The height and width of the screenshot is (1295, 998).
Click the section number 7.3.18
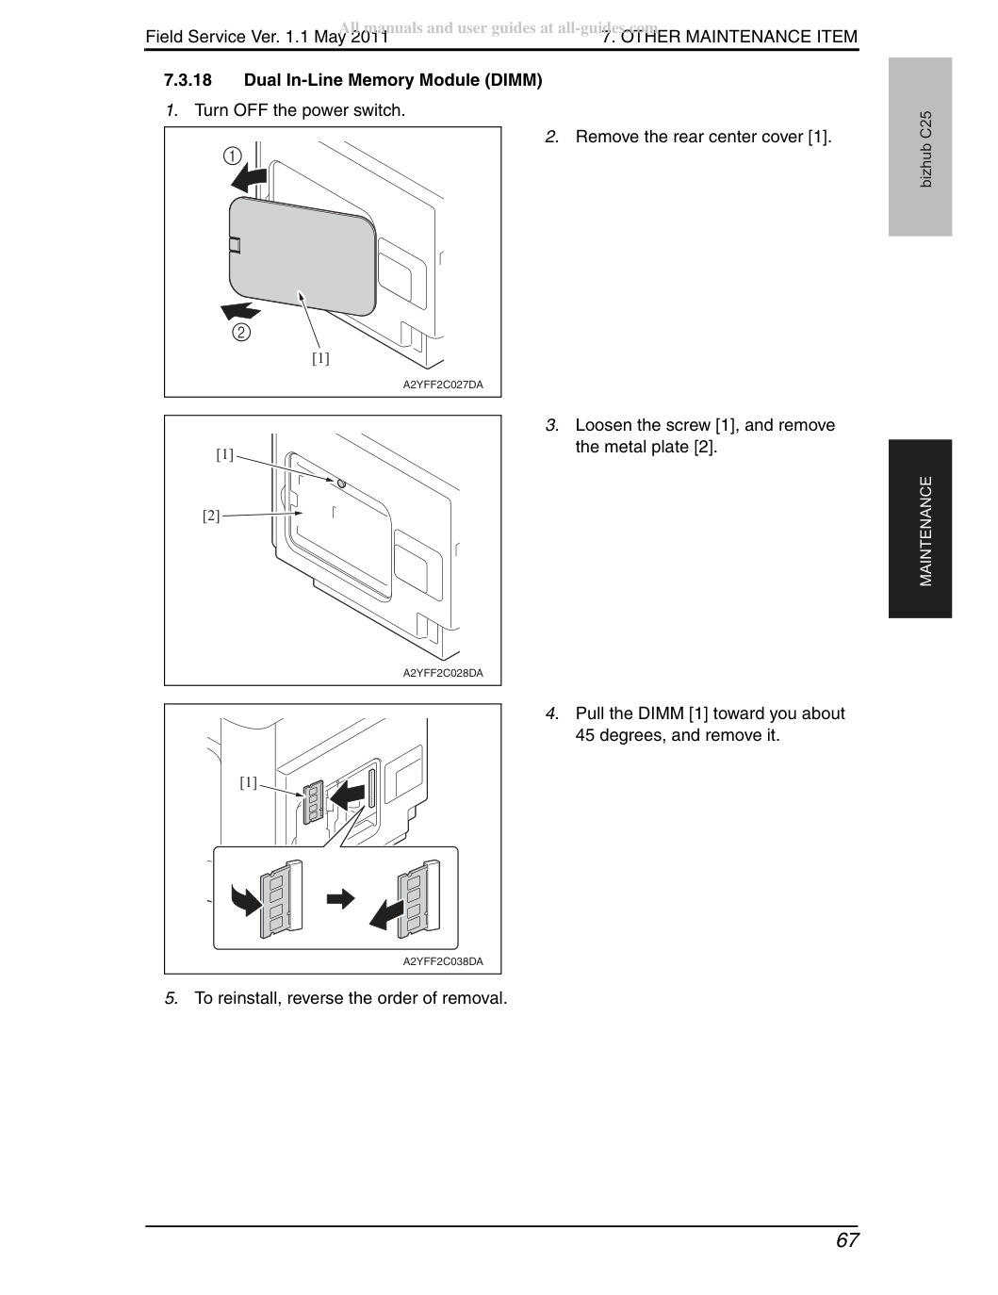point(188,80)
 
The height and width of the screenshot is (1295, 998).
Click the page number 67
point(847,1240)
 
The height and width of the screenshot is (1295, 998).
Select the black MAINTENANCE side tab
point(920,529)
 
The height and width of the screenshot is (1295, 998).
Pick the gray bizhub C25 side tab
point(920,147)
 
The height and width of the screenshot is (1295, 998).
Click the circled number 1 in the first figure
point(233,156)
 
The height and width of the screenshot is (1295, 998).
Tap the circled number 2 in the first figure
point(241,332)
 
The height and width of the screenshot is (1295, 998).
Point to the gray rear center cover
point(303,256)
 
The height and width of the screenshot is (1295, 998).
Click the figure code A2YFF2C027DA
point(443,385)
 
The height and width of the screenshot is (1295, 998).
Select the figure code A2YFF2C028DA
point(443,674)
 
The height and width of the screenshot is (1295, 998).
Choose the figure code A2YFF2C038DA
point(443,962)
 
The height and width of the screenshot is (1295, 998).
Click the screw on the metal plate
point(341,484)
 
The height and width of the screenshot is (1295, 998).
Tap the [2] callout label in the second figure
point(211,516)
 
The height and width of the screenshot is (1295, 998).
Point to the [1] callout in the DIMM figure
point(249,782)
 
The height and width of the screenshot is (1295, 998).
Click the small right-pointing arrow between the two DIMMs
point(340,899)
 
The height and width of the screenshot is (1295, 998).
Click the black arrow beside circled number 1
point(249,177)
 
